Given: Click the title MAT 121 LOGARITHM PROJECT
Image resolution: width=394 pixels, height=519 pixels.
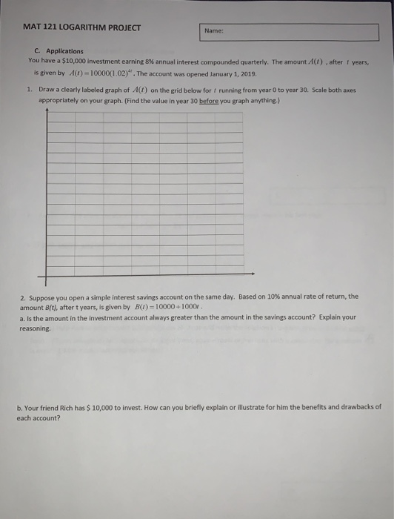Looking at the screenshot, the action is tap(81, 28).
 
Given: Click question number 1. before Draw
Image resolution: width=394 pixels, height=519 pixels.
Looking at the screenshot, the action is tap(29, 87).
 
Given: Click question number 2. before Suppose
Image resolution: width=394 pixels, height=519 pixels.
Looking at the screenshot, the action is tap(23, 296).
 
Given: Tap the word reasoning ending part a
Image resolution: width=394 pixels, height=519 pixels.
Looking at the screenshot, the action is tap(35, 327).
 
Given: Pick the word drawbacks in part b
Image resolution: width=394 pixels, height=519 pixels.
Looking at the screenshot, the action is tap(348, 407).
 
